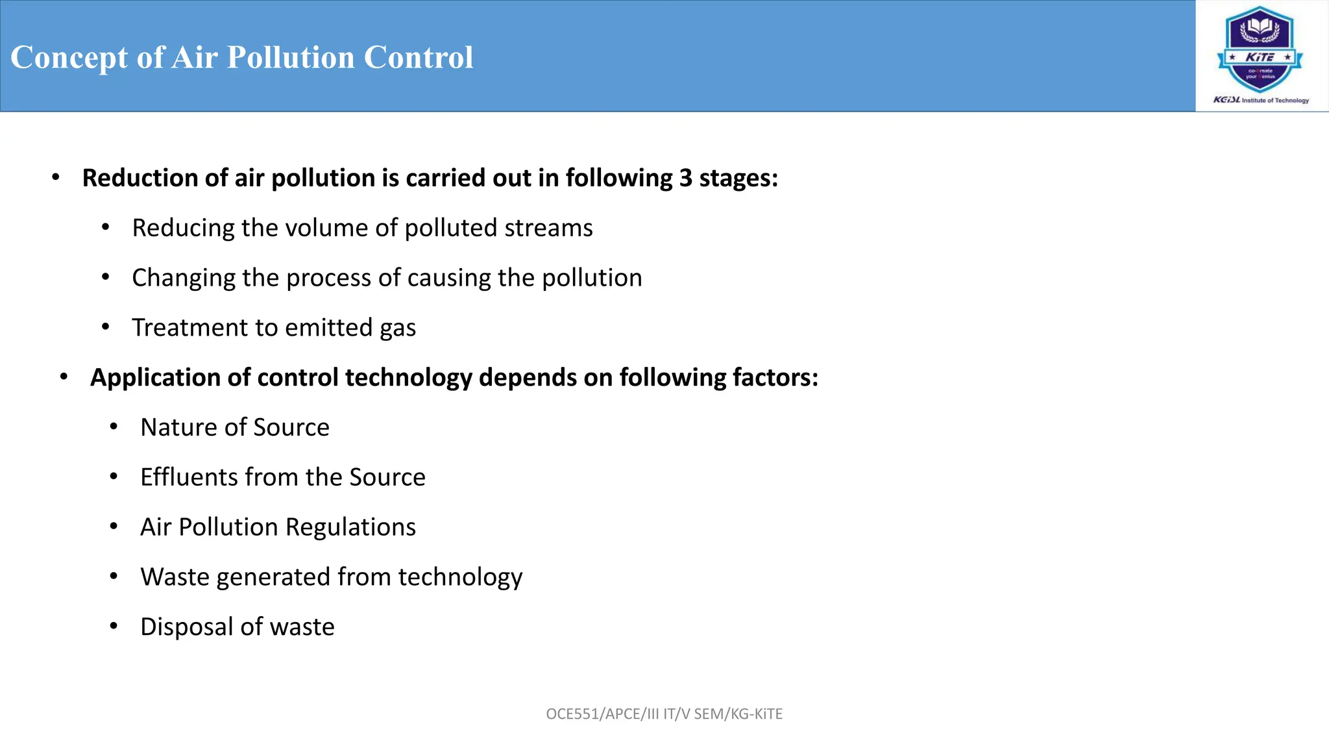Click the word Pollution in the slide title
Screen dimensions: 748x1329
point(290,57)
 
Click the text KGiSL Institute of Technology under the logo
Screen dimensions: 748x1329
point(1261,100)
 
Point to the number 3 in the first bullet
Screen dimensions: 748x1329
point(685,178)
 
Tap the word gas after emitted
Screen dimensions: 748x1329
point(398,329)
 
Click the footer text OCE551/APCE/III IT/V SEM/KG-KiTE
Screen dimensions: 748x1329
point(664,714)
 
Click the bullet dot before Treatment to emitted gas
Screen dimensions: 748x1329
point(106,327)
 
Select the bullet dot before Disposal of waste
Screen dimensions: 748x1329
point(114,627)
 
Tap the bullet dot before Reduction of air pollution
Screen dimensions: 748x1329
point(56,177)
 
